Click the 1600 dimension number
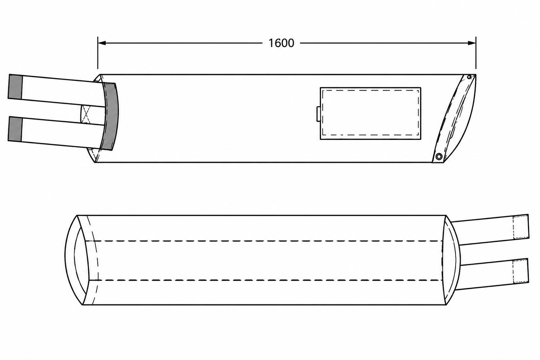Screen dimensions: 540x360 [281, 43]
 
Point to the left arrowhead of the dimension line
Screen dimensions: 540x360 [102, 43]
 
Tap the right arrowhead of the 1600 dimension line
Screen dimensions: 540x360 [472, 43]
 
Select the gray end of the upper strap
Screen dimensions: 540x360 [15, 87]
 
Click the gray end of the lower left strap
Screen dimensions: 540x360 [15, 129]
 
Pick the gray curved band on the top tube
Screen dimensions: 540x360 [111, 116]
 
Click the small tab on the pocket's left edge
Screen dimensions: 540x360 [318, 114]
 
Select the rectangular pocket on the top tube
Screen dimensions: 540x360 [371, 113]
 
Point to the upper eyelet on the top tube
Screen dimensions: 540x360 [469, 77]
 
